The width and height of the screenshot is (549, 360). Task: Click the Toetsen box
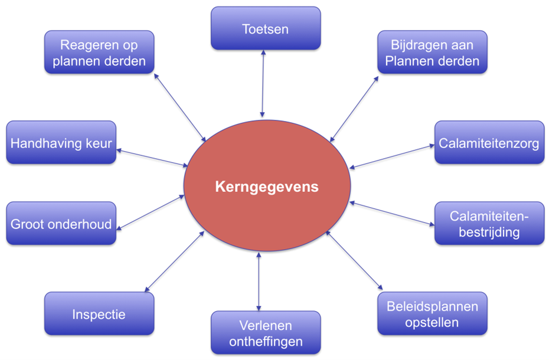266,28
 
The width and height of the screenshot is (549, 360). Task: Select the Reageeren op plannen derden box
99,53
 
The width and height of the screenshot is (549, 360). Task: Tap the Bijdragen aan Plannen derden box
432,53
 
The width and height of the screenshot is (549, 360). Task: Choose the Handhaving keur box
61,143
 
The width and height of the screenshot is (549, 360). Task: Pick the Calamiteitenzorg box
489,143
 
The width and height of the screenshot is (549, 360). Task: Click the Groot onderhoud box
61,224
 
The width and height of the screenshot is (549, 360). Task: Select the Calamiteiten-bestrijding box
489,224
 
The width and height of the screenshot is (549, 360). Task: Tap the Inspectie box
99,313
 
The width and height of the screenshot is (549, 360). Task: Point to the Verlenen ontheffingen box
266,333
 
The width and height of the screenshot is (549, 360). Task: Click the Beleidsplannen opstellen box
432,313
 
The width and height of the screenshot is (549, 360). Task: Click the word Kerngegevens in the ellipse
266,187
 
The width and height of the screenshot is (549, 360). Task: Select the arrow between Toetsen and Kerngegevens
263,83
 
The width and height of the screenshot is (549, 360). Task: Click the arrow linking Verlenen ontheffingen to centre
259,280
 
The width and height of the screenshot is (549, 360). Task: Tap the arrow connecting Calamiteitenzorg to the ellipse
391,156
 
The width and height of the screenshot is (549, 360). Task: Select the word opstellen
432,322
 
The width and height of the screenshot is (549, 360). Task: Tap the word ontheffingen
266,341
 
